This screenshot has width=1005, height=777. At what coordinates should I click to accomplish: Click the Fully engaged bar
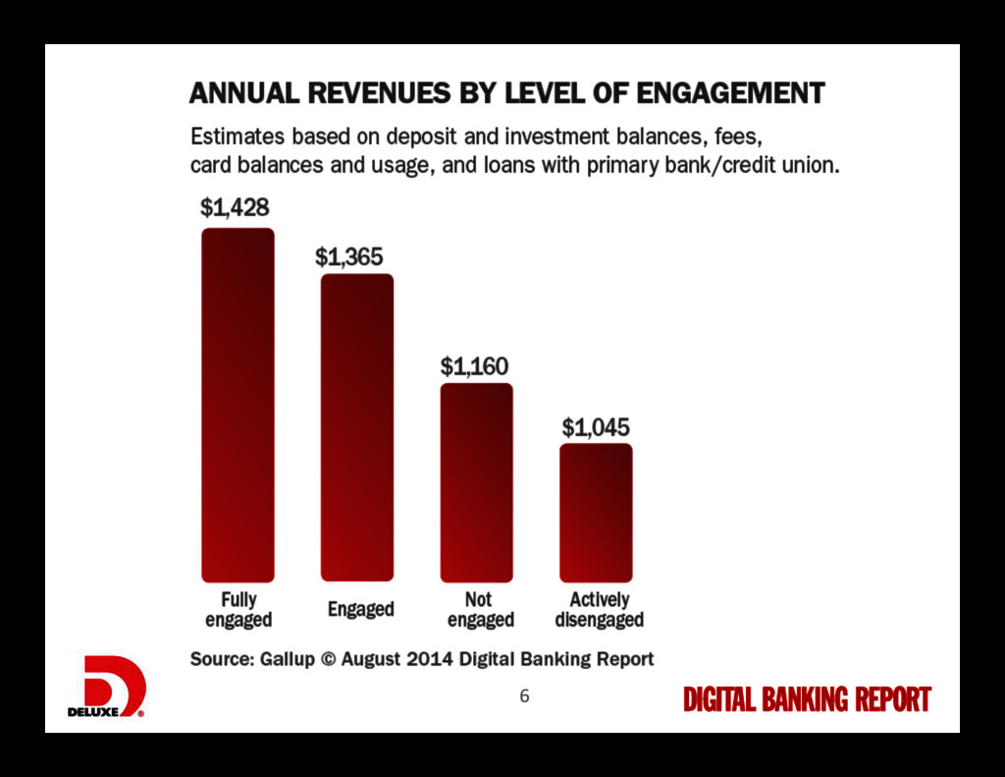click(238, 405)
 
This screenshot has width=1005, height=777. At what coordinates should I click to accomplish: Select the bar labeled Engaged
click(357, 427)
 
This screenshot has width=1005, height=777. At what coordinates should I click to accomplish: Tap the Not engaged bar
click(476, 482)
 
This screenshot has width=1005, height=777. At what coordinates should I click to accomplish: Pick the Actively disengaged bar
click(596, 512)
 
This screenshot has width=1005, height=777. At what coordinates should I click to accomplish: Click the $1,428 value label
click(235, 207)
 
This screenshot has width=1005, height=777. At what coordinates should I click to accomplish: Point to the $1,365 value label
click(349, 256)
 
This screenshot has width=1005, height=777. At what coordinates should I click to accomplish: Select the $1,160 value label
click(474, 366)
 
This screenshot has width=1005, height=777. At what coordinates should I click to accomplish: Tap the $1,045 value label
click(596, 427)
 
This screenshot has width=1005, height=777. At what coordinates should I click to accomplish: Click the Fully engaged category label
click(238, 609)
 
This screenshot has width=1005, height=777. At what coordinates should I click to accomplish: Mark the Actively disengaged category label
click(600, 609)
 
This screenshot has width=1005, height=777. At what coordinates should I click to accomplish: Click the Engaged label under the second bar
click(360, 609)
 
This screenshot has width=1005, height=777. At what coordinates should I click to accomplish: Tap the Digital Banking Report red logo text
click(807, 699)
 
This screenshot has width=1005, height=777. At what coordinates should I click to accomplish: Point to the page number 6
click(524, 695)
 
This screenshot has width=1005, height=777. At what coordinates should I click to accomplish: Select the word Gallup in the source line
click(288, 658)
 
